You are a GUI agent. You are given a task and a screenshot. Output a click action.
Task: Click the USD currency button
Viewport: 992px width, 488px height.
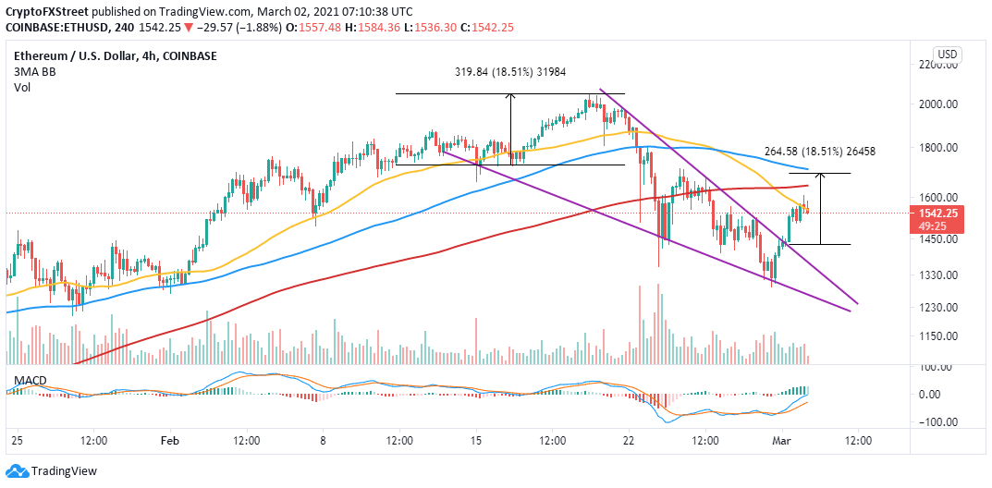coord(947,53)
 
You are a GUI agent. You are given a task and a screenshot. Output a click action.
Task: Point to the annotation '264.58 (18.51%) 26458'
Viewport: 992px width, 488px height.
coord(820,152)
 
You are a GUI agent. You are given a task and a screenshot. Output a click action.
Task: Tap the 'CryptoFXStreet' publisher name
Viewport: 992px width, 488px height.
coord(44,11)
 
